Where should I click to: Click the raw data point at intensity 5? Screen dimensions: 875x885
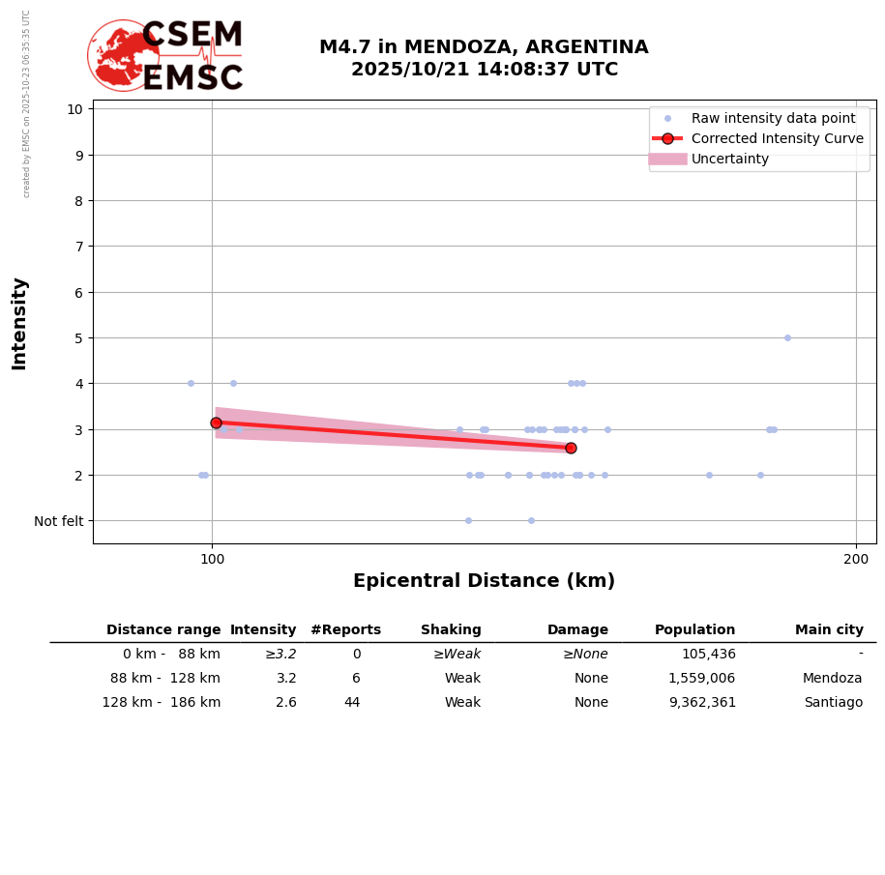click(787, 337)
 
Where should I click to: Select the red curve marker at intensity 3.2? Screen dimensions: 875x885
click(216, 423)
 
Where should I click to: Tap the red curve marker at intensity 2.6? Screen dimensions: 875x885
click(571, 448)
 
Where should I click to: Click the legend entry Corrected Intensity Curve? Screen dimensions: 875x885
click(777, 138)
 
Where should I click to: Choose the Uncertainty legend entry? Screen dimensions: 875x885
click(729, 159)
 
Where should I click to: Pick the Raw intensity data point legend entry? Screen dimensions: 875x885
click(773, 118)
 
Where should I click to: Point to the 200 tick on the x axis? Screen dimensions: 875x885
click(856, 559)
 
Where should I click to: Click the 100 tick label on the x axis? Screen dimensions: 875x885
click(212, 559)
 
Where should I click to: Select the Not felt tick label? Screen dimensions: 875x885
click(59, 521)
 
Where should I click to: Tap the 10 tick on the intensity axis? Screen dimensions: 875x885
click(74, 108)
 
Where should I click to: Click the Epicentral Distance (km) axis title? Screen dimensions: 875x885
click(484, 581)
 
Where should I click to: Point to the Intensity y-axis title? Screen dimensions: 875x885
click(19, 323)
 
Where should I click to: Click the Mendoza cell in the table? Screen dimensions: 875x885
click(833, 679)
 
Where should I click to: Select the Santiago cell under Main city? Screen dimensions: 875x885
click(833, 703)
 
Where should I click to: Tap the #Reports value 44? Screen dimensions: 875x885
click(352, 703)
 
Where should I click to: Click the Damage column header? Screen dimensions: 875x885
click(577, 630)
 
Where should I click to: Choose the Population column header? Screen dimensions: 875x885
click(694, 630)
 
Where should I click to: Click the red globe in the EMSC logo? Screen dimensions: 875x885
click(123, 55)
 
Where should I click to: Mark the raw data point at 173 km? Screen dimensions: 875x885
click(709, 475)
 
